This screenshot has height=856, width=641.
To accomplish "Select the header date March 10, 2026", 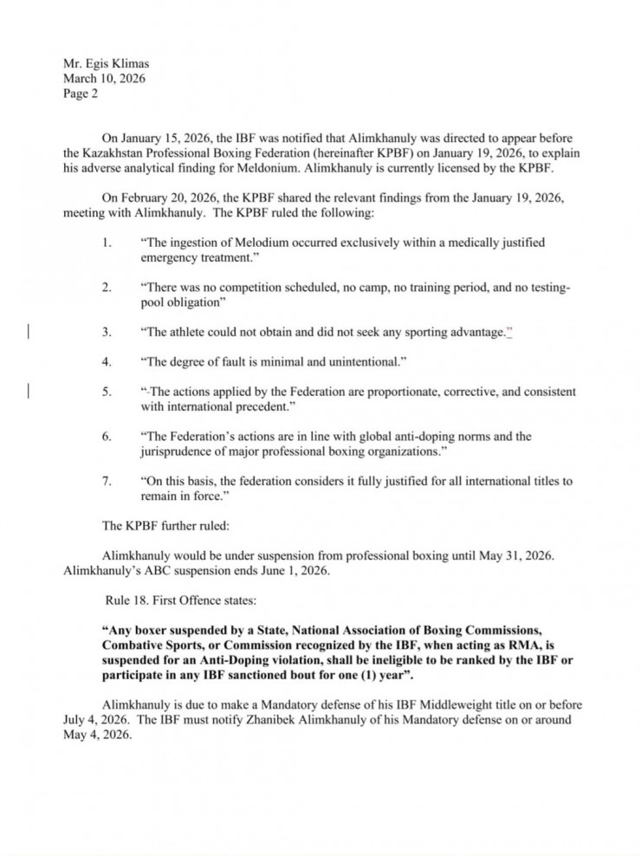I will (104, 79).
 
